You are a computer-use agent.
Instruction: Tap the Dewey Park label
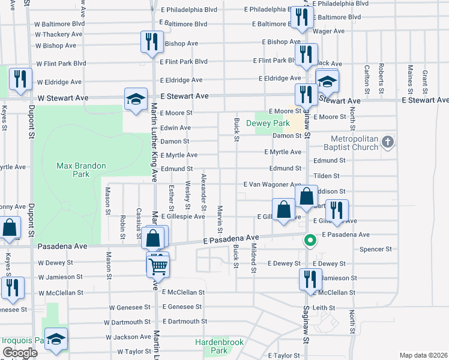coord(273,124)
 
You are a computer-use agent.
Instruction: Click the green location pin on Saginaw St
coord(310,240)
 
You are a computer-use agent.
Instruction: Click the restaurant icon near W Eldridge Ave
coord(20,80)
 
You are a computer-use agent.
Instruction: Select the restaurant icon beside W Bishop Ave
coord(149,42)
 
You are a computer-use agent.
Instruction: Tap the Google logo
coord(20,352)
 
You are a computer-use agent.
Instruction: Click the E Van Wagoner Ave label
coord(272,184)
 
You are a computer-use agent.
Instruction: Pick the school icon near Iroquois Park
coord(56,339)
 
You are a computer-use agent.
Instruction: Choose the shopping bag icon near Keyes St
coord(9,229)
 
